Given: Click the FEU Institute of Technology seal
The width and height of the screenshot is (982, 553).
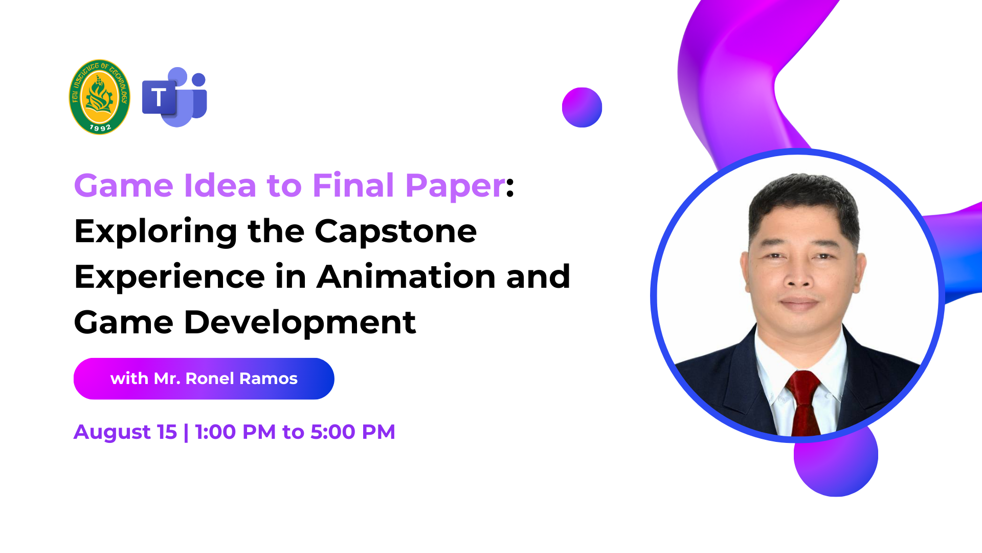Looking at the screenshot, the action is click(100, 97).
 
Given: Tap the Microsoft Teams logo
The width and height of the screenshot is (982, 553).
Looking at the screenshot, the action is click(174, 97).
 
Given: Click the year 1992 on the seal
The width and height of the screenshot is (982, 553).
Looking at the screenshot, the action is click(100, 127).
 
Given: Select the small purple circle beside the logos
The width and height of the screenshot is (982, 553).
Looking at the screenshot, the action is click(582, 108).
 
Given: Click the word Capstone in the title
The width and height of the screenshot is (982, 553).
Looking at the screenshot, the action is click(395, 231).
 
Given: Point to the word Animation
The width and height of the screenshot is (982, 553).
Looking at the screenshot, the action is click(406, 276).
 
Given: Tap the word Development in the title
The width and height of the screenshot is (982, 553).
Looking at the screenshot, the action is click(300, 323).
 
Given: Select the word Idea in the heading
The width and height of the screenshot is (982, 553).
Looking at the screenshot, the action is click(220, 185).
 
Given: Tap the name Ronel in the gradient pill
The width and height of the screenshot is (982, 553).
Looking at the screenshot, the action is click(210, 378).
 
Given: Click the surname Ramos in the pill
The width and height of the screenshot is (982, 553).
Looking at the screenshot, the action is click(269, 378).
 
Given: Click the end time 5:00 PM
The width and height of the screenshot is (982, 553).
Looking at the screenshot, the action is click(353, 432).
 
